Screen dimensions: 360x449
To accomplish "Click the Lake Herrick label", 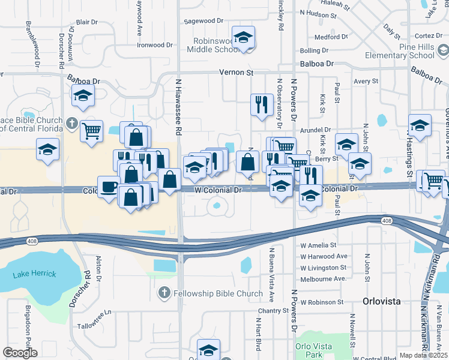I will click(x=34, y=274).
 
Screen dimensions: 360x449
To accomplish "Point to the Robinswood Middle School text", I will click(x=217, y=45).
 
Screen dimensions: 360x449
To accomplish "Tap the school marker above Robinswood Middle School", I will click(x=243, y=38).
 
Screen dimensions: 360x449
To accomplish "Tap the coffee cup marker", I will click(x=109, y=187).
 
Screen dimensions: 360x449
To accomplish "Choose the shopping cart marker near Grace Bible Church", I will click(x=91, y=130).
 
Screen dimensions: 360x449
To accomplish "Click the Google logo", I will click(x=20, y=353).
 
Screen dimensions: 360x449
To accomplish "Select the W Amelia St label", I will click(x=318, y=245).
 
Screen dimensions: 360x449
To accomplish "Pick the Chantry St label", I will click(x=274, y=311).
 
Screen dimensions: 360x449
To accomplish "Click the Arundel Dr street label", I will click(x=316, y=130).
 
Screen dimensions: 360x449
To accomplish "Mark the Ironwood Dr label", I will click(x=154, y=45).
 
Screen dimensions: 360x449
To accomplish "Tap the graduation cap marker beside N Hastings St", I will click(x=420, y=127).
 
